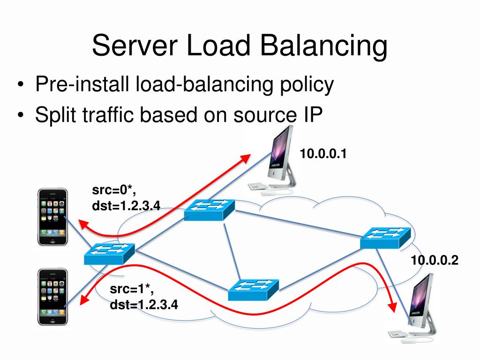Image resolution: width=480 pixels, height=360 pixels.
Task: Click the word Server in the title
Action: (x=135, y=45)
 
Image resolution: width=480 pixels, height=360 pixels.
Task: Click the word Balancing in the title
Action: (x=324, y=46)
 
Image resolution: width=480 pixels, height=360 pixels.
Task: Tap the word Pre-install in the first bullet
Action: (x=82, y=84)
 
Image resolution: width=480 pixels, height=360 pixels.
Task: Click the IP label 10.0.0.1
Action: (x=323, y=154)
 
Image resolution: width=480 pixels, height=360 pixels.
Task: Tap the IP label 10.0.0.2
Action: (x=435, y=260)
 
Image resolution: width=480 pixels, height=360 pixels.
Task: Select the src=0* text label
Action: (x=114, y=190)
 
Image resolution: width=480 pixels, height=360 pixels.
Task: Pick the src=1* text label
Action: (x=132, y=289)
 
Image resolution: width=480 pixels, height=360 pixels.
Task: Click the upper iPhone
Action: (x=52, y=217)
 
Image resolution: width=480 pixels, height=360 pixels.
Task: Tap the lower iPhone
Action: (x=52, y=296)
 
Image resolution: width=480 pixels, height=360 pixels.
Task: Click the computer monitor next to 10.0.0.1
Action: (x=280, y=156)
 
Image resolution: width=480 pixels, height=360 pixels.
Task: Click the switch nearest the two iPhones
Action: (x=109, y=254)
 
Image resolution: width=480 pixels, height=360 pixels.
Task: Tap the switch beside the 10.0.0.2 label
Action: (x=385, y=238)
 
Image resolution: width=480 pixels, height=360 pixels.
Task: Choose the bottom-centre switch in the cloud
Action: (x=254, y=290)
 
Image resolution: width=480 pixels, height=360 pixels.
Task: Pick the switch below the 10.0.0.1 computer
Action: (x=210, y=210)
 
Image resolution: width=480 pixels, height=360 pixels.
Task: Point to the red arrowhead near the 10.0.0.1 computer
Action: (x=245, y=158)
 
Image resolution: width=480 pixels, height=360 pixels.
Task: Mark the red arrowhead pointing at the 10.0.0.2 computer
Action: (x=392, y=307)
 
